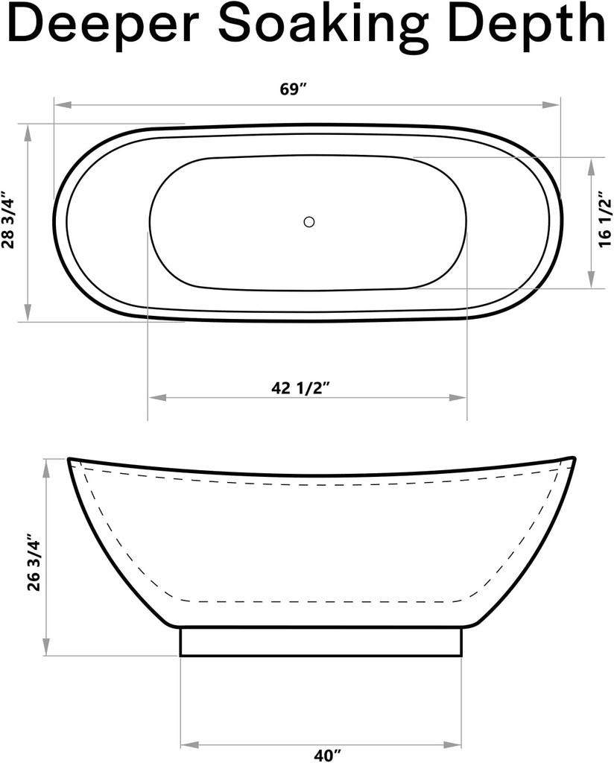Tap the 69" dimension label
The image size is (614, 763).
coord(294,89)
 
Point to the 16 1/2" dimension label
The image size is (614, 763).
coord(604,221)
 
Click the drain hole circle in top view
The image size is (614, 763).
coord(309,221)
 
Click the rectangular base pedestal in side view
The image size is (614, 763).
coord(321,642)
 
